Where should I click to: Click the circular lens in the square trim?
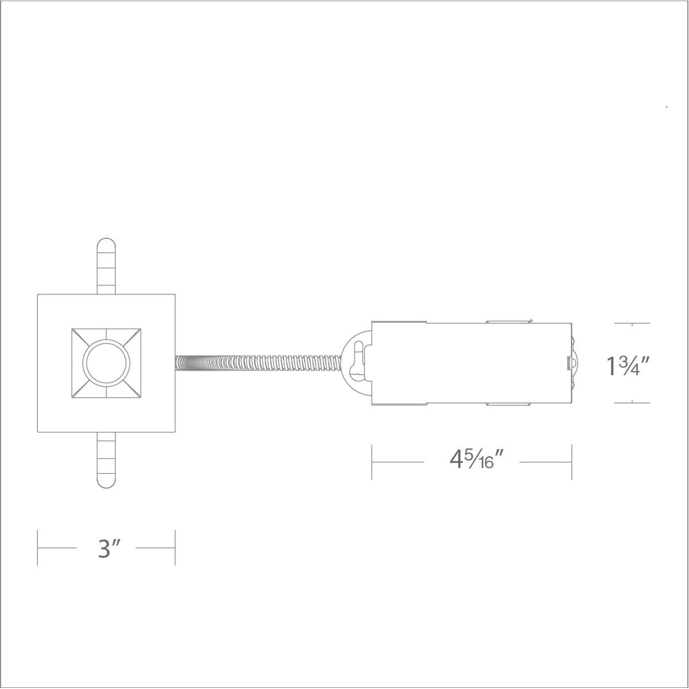point(107,363)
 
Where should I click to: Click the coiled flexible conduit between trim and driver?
point(258,363)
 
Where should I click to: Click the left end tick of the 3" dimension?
point(38,548)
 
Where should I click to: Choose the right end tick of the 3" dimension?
point(175,548)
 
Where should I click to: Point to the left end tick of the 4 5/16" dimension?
point(372,461)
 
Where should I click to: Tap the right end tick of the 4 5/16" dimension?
point(572,461)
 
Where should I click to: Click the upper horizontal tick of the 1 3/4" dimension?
point(632,324)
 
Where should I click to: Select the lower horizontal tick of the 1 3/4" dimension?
point(632,402)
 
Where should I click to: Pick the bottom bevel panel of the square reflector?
point(107,391)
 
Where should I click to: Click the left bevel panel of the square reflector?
point(78,363)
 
